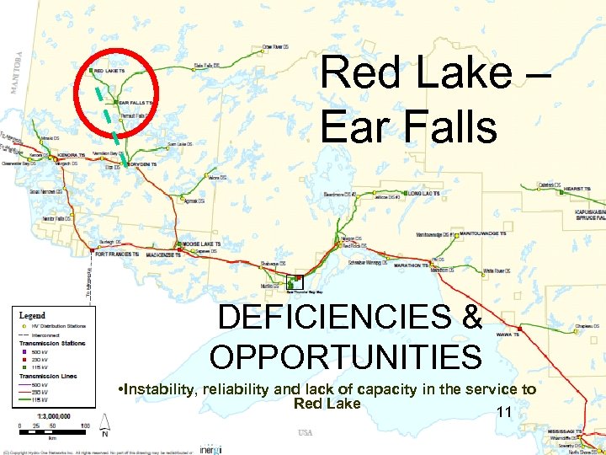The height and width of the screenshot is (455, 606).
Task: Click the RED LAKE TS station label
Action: pyautogui.click(x=110, y=71)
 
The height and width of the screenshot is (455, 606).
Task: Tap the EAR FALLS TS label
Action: pyautogui.click(x=136, y=103)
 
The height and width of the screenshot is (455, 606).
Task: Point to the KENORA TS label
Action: pyautogui.click(x=72, y=156)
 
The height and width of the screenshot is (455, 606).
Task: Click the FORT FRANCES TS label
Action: pyautogui.click(x=116, y=254)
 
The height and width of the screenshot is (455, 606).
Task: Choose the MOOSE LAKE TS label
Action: pyautogui.click(x=202, y=244)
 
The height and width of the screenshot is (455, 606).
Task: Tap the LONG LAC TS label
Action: pyautogui.click(x=425, y=194)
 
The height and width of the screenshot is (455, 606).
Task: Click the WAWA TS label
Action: pyautogui.click(x=529, y=334)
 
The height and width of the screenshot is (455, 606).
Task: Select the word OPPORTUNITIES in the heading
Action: pyautogui.click(x=345, y=356)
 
